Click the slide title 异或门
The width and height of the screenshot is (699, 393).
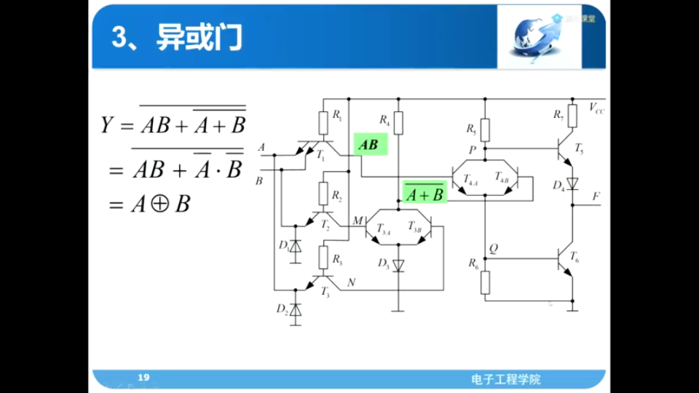pos(198,39)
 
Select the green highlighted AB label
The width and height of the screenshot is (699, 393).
pos(369,145)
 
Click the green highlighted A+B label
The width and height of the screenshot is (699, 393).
pos(424,194)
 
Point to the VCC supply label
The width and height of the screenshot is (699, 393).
pos(596,108)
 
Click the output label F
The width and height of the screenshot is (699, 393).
pos(596,196)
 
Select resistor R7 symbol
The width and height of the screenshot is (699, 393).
pos(572,116)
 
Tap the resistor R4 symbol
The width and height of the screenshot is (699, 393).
pos(398,121)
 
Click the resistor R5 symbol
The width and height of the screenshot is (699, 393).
pos(486,130)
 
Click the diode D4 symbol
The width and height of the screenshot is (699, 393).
pos(572,183)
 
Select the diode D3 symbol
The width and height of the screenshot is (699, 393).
pos(398,265)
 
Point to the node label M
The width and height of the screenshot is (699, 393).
pos(357,220)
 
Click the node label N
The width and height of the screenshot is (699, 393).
pos(352,283)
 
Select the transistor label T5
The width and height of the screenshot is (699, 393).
pos(579,148)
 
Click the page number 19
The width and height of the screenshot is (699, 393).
pos(143,377)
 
